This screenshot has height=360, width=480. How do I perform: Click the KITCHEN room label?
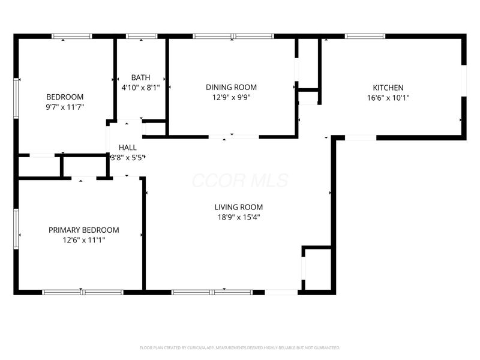coord(388,87)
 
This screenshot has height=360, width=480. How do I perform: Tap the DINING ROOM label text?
coord(231,87)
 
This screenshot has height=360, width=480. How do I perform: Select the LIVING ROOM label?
coord(239,207)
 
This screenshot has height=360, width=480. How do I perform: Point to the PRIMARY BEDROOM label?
coord(83,230)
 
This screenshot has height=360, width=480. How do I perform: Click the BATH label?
coord(141,77)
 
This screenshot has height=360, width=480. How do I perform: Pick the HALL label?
coord(127,147)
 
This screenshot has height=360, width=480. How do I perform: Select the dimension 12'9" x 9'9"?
coord(231,97)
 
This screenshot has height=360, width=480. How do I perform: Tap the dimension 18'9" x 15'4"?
coord(239,217)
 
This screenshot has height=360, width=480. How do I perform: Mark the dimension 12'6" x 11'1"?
coord(83,240)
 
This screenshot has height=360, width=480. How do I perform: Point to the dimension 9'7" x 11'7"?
coord(65,107)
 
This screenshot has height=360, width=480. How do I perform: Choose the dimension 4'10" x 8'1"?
coord(141,87)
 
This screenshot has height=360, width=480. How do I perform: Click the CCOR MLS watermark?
coord(240,181)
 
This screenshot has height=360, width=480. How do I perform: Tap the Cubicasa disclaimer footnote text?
coord(240,347)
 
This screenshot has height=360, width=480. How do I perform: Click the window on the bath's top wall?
coord(142,37)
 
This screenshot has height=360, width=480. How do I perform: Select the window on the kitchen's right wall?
coord(463,80)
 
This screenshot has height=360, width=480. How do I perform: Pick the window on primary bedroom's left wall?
coord(16,227)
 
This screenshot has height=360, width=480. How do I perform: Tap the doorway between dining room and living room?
coord(234,137)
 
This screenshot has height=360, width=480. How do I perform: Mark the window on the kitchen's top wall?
coord(365,37)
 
